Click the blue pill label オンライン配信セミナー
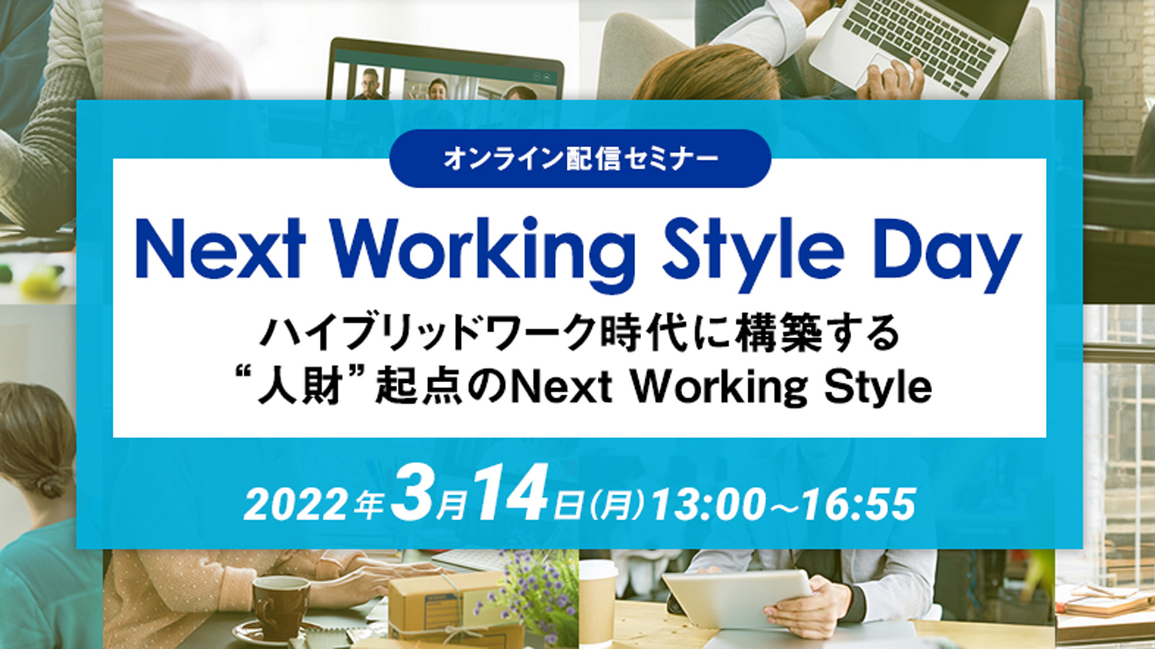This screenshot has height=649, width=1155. (580, 159)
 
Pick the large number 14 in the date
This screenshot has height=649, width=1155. (510, 493)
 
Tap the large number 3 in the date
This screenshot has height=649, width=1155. (411, 493)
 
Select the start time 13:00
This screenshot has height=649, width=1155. (707, 505)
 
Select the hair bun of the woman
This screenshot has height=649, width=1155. (51, 484)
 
